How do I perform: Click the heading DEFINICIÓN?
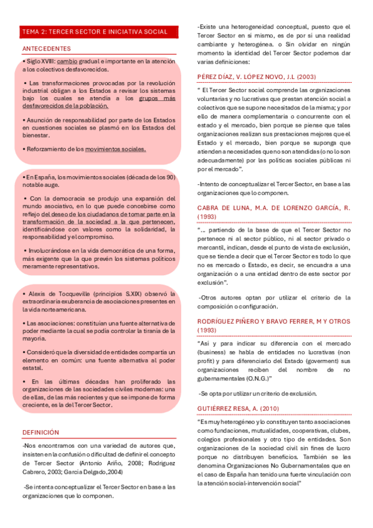40,432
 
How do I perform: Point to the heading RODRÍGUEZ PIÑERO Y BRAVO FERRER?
273,321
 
